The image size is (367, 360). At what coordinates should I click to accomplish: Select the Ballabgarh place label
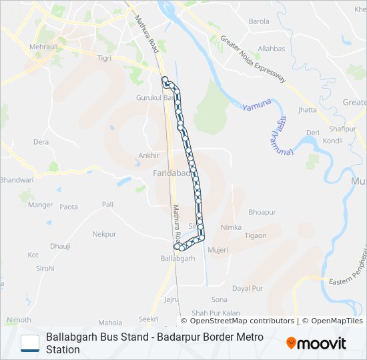[x=179, y=258]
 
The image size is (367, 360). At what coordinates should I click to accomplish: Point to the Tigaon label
[x=255, y=235]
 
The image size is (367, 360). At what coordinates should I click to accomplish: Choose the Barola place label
[x=259, y=21]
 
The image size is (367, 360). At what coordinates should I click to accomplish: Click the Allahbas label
[x=272, y=49]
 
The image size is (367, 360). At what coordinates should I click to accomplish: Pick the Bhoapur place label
[x=262, y=212]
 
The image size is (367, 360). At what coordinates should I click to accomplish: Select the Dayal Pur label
[x=247, y=288]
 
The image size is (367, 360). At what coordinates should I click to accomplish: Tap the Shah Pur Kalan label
[x=216, y=313]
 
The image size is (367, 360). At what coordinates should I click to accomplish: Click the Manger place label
[x=41, y=205]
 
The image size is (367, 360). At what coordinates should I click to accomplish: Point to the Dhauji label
[x=60, y=245]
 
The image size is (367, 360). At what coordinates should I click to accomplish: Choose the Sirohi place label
[x=45, y=268]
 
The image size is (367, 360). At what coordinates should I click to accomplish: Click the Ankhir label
[x=148, y=155]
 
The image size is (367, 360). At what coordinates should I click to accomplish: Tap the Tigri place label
[x=103, y=58]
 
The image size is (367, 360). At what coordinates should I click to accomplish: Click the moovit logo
[x=316, y=343]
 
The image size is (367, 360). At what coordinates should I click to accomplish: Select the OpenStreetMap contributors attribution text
[x=238, y=321]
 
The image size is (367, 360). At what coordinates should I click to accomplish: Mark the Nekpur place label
[x=104, y=234]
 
